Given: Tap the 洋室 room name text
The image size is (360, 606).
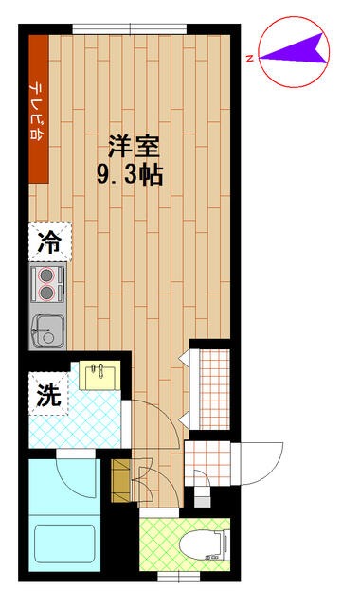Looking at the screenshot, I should point(131,148).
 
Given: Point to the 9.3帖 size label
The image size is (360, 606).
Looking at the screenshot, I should point(131,175).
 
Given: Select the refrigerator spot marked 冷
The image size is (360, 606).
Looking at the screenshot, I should point(48,242).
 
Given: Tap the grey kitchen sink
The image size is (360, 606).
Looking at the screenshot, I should point(47,331).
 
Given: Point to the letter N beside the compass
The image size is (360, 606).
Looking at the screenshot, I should point(248,59).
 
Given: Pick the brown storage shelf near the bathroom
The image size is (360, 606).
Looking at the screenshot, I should point(121,480).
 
